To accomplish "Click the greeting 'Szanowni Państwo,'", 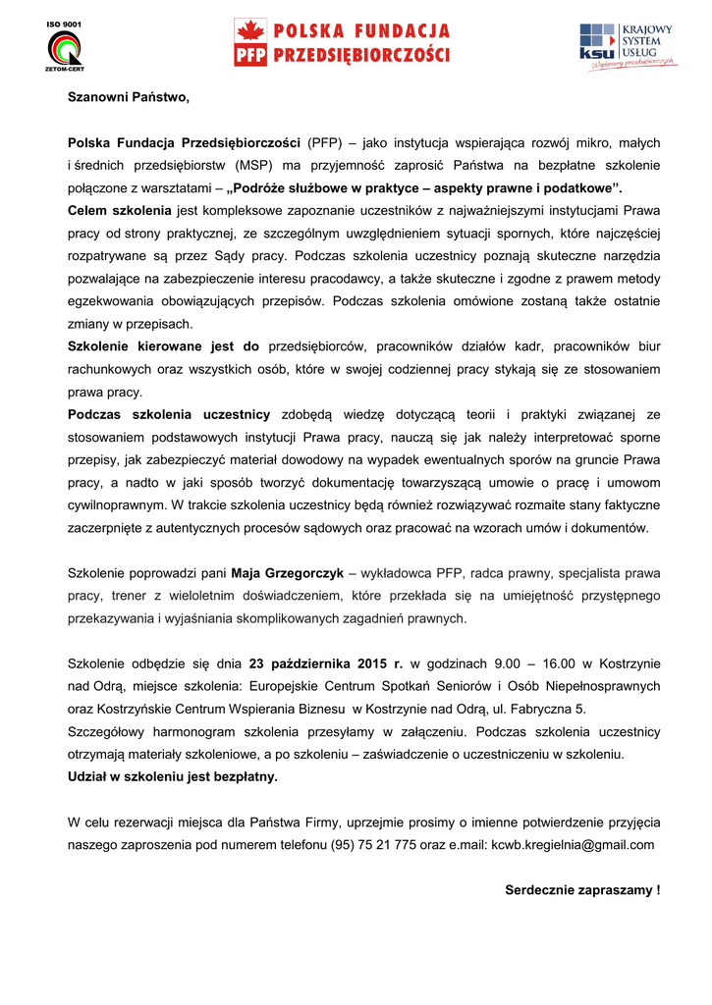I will coord(128,97).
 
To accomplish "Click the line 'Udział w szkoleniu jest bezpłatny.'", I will coord(172,776).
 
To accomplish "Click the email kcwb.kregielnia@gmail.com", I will coord(573,844).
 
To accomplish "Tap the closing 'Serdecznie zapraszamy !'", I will coord(582,890).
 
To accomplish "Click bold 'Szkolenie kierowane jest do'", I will coord(163,346).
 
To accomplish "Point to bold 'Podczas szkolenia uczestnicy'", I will coord(169,414).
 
